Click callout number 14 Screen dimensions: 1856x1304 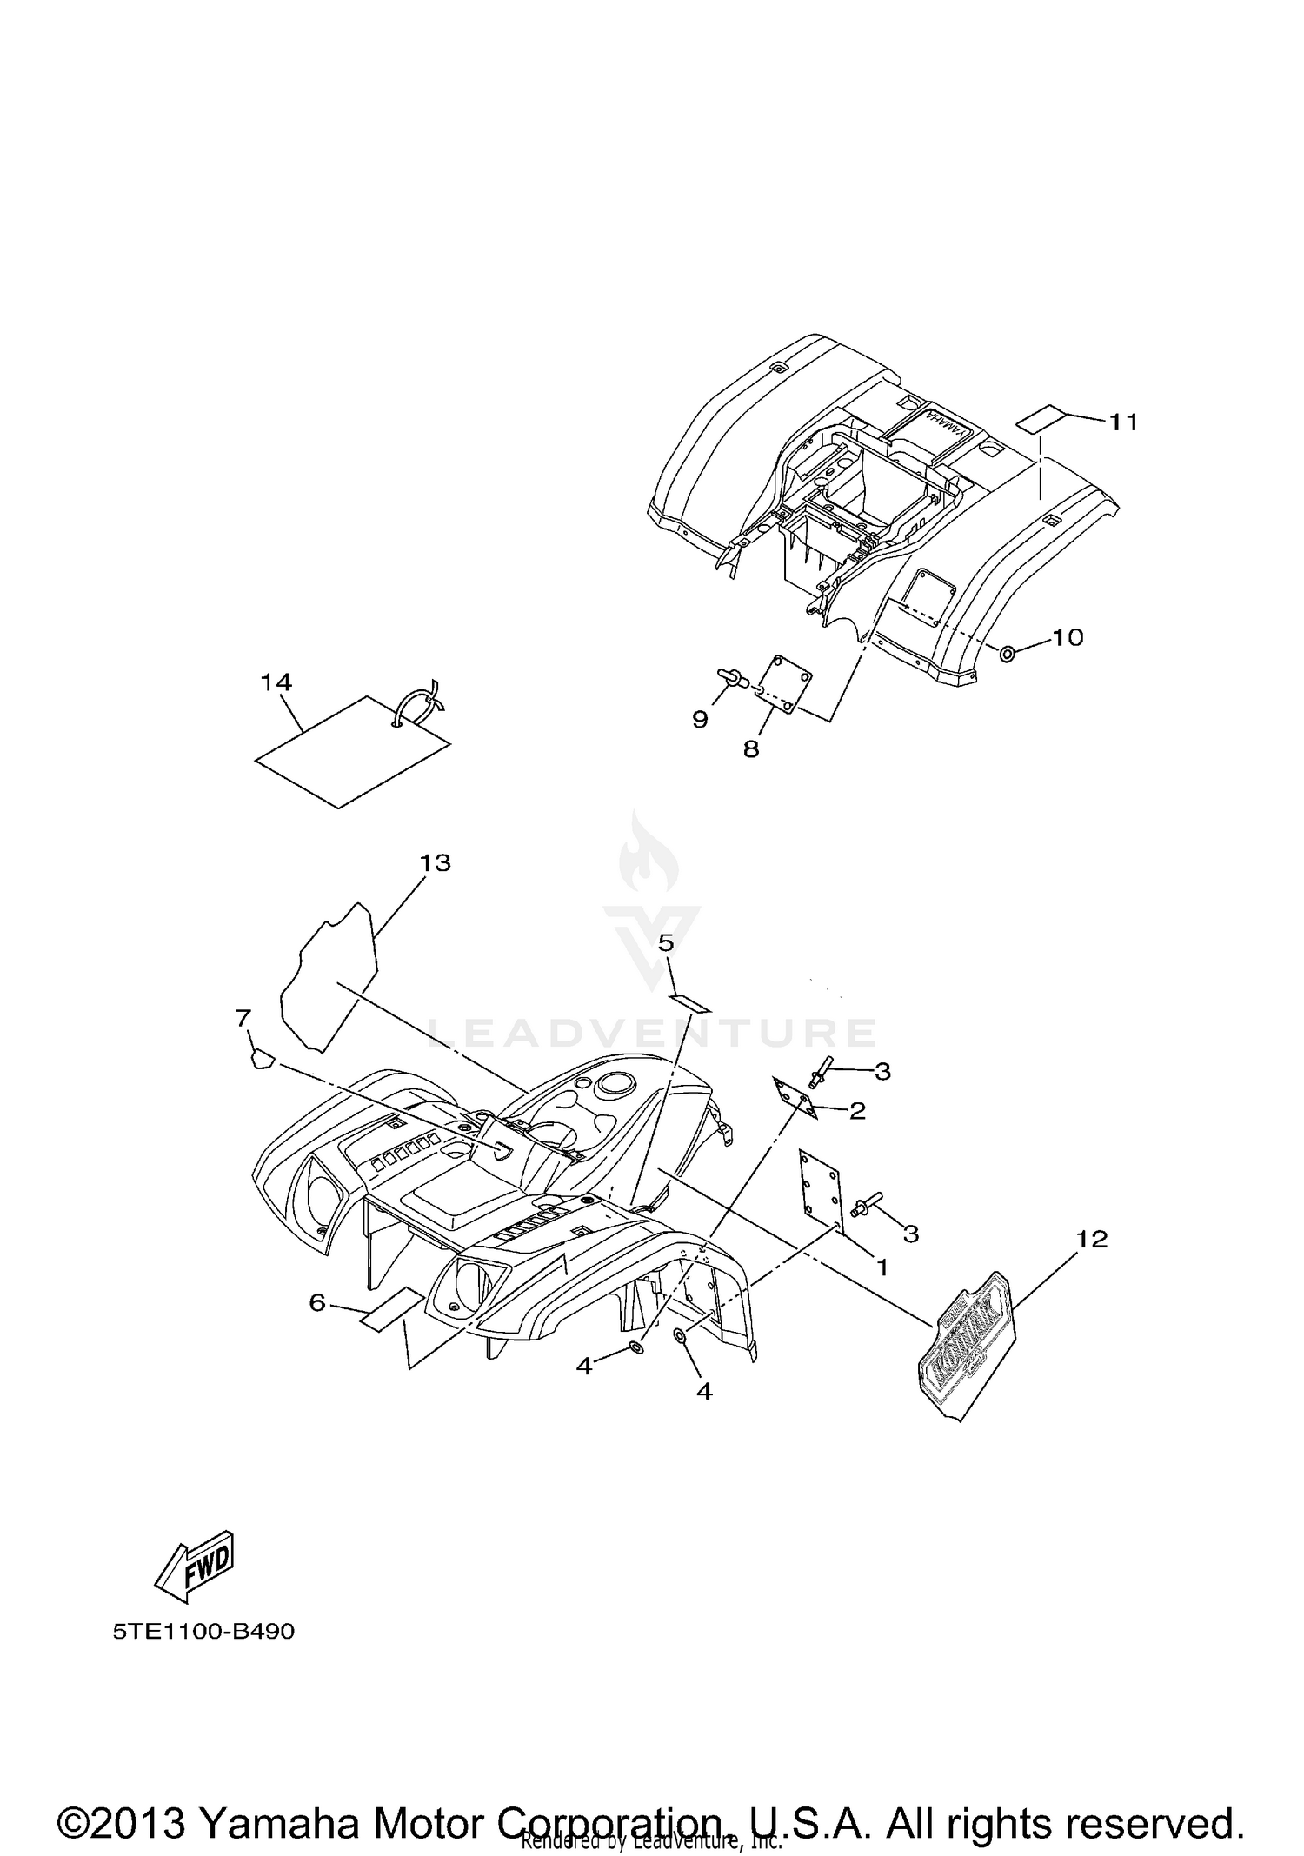[276, 683]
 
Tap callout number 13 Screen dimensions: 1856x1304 [436, 863]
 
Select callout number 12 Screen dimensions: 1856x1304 [1092, 1239]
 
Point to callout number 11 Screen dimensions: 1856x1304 [1122, 422]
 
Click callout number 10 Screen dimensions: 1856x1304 [1068, 637]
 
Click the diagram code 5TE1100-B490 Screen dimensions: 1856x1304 [203, 1631]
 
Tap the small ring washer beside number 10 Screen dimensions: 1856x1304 [1008, 654]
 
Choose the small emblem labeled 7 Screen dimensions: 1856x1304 [262, 1060]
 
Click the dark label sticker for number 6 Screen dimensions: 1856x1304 [391, 1309]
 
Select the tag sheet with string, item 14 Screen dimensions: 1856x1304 [352, 752]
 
